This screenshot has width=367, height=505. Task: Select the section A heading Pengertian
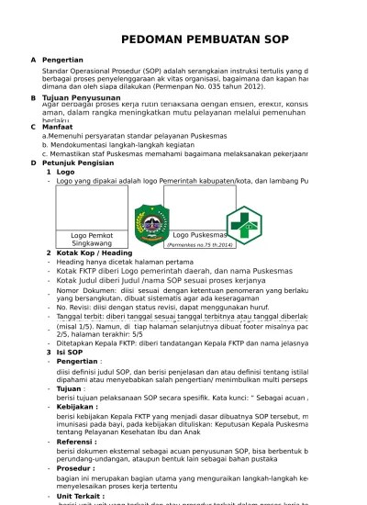62,60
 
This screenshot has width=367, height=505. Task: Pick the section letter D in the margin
33,163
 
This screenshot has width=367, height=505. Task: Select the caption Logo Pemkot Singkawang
92,240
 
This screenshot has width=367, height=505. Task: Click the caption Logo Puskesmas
200,235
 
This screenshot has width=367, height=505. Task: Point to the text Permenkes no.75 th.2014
200,246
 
